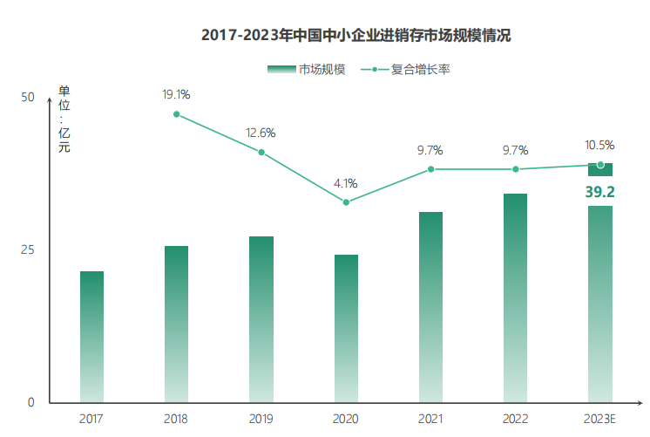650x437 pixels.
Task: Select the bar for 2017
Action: pyautogui.click(x=91, y=337)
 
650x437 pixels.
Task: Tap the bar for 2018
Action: pyautogui.click(x=176, y=324)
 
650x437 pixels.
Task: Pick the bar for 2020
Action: pyautogui.click(x=346, y=329)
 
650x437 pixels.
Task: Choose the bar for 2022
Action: pyautogui.click(x=515, y=298)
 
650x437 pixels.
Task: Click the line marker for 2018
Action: pyautogui.click(x=177, y=114)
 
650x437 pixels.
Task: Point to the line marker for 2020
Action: pyautogui.click(x=346, y=202)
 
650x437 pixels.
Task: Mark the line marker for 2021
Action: pyautogui.click(x=430, y=169)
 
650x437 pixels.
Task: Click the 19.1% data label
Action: pyautogui.click(x=176, y=94)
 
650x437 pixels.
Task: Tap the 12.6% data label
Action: pyautogui.click(x=261, y=133)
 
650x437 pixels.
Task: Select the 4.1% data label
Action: pyautogui.click(x=346, y=183)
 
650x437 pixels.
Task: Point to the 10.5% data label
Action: pyautogui.click(x=599, y=146)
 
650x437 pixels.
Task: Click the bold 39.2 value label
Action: pyautogui.click(x=599, y=192)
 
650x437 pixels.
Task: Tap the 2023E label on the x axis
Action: pyautogui.click(x=599, y=420)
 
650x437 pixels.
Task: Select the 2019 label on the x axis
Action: pyautogui.click(x=261, y=420)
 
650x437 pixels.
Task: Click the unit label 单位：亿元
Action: pyautogui.click(x=64, y=119)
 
